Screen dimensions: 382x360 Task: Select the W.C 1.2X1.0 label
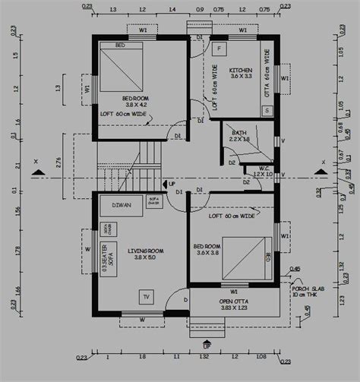coord(263,172)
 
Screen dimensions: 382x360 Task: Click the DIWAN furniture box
coord(120,205)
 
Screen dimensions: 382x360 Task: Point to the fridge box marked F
coord(219,49)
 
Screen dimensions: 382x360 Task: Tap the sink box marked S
coord(267,110)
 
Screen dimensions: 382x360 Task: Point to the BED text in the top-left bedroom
coord(120,46)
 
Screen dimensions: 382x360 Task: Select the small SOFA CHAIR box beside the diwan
coord(153,201)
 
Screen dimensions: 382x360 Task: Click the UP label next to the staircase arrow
coord(172,184)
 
